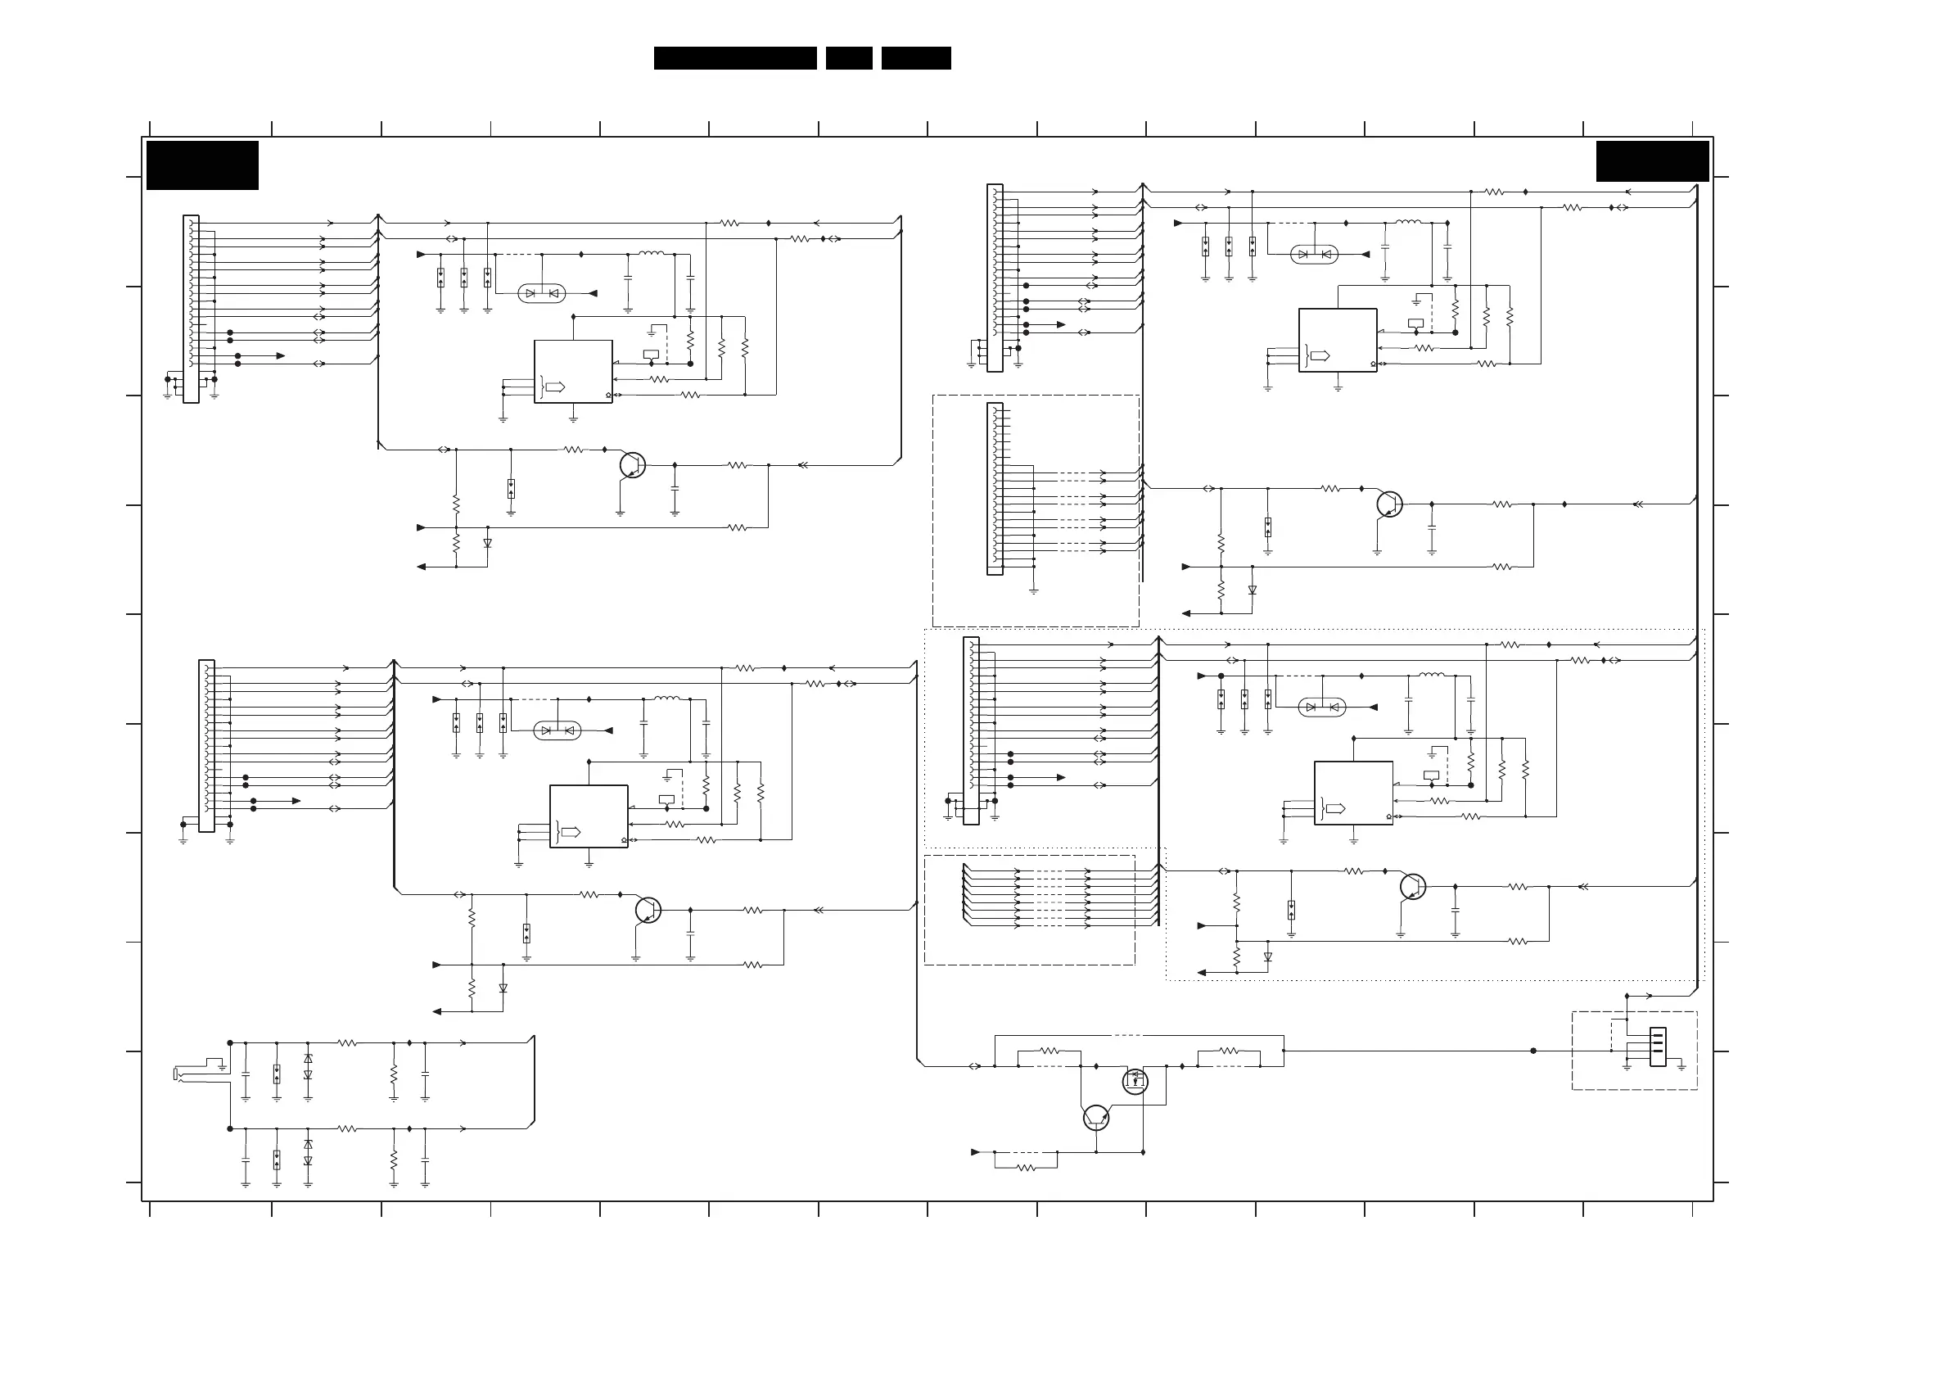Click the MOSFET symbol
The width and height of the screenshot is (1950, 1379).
tap(1135, 1082)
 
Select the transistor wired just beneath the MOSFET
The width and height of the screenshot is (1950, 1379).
tap(1095, 1117)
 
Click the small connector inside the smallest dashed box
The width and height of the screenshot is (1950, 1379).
tap(1657, 1047)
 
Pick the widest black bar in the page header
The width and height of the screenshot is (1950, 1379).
tap(734, 58)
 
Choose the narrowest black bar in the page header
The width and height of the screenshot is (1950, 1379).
tap(848, 58)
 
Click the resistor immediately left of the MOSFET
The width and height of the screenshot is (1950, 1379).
tap(1049, 1051)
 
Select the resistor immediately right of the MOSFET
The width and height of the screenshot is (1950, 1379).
tap(1228, 1051)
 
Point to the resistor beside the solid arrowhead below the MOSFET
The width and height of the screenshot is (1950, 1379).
tap(1026, 1168)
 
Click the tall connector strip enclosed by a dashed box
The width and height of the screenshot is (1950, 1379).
tap(995, 489)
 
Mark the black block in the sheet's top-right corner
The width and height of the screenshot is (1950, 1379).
tap(1652, 161)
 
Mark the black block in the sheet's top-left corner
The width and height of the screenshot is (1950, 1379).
tap(202, 165)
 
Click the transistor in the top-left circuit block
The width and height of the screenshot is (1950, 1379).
tap(632, 465)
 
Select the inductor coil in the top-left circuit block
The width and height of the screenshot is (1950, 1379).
tap(652, 253)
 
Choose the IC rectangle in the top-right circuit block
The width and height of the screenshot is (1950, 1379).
tap(1337, 340)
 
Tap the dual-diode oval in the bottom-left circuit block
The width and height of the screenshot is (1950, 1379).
tap(557, 730)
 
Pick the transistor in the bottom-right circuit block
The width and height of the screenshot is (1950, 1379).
tap(1412, 886)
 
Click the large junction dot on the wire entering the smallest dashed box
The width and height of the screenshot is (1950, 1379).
tap(1533, 1051)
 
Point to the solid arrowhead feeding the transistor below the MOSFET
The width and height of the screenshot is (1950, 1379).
tap(976, 1152)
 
